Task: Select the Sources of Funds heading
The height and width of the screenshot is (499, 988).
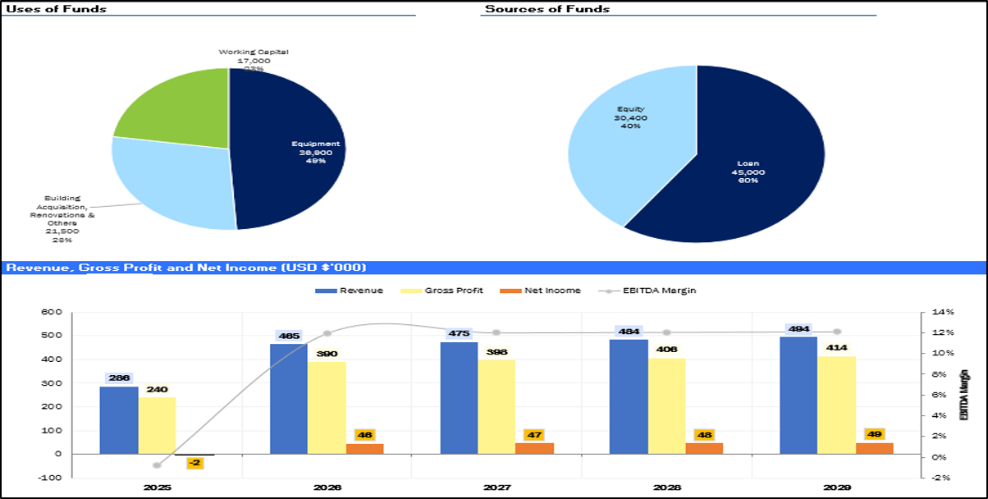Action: tap(547, 8)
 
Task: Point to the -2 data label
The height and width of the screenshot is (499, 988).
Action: tap(194, 464)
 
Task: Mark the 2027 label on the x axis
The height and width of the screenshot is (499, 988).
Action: tap(497, 488)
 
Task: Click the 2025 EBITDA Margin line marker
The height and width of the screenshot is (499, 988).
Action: tap(157, 465)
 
